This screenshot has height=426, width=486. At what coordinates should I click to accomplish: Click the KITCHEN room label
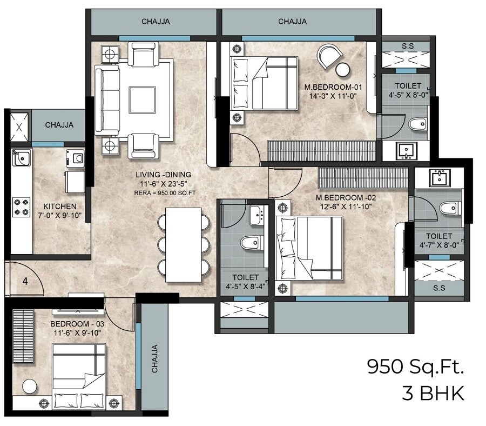60,207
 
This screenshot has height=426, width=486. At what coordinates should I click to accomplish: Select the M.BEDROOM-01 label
330,86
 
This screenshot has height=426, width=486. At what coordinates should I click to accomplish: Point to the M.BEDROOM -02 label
346,197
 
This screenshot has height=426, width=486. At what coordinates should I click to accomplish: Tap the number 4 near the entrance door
25,281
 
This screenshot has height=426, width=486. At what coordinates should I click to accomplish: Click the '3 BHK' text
433,393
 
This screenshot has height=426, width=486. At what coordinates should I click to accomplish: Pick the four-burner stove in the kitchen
21,205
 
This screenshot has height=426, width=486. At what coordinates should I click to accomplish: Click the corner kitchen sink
21,157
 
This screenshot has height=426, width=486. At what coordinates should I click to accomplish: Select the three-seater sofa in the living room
106,98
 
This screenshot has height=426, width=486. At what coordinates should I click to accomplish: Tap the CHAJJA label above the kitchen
59,125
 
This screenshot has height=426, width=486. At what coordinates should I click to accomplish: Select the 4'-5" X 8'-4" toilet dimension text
245,287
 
